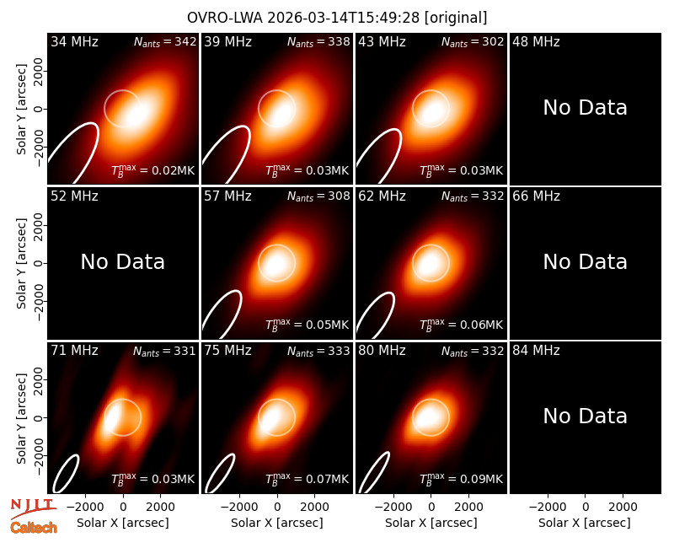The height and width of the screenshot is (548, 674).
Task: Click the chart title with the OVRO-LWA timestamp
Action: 337,18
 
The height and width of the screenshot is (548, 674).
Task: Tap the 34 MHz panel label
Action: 74,41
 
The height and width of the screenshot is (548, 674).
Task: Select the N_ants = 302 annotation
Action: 473,41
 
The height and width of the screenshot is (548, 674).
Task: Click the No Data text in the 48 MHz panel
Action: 585,108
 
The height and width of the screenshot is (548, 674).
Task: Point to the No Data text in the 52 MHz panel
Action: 122,262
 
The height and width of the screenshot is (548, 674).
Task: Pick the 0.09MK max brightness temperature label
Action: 461,479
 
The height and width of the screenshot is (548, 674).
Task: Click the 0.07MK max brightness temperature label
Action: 307,479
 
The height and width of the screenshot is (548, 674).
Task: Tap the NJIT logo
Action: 33,508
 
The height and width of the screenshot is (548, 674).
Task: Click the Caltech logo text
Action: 34,528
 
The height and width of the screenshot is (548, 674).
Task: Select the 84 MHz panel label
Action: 536,351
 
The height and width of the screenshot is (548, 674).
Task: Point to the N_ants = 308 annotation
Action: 318,196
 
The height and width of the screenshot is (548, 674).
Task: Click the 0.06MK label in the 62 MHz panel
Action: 461,325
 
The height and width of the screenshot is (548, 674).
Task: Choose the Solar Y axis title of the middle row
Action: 21,263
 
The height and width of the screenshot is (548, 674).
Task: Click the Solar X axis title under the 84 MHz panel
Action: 585,523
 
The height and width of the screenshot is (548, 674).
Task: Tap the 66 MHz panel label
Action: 536,196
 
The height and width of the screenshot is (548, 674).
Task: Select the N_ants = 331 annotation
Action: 164,351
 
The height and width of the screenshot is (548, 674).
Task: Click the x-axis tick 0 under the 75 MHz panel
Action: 277,507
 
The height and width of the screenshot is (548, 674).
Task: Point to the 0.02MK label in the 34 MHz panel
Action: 153,170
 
